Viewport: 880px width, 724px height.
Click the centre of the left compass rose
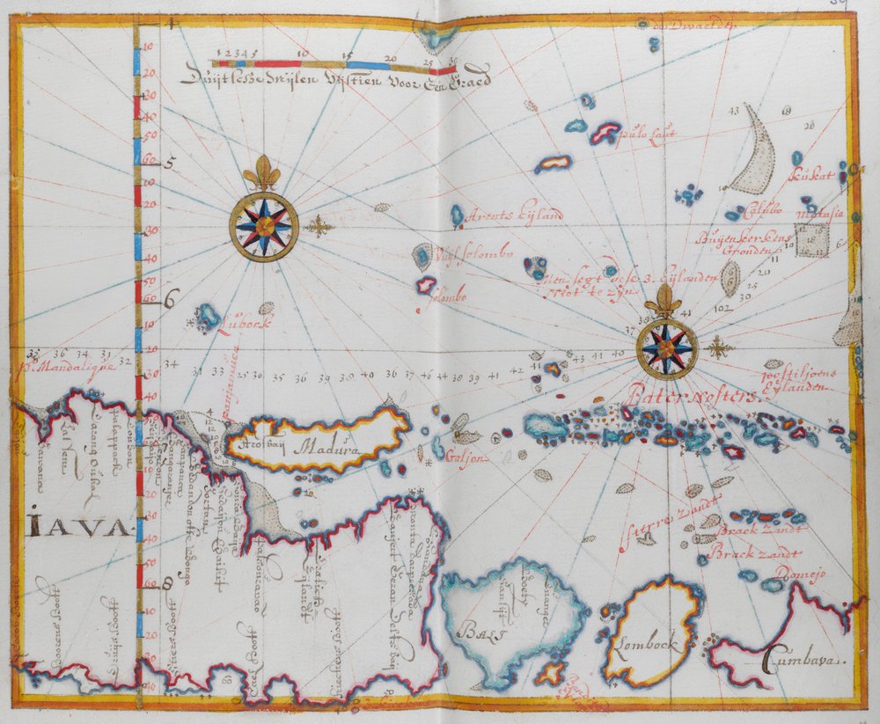pos(264,226)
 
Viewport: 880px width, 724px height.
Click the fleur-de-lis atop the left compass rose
pos(261,173)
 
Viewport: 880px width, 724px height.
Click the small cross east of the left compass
pos(319,226)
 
